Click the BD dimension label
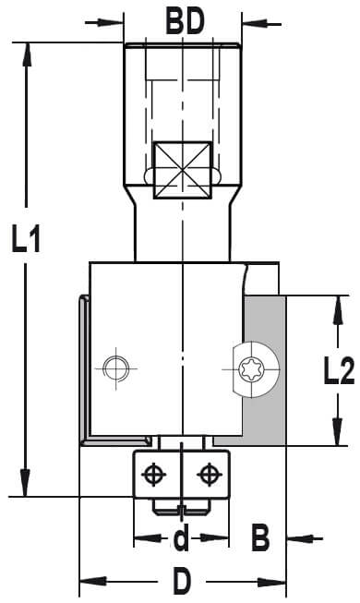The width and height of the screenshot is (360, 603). [x=185, y=22]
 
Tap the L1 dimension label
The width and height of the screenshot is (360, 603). [x=26, y=239]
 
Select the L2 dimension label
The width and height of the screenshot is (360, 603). [x=339, y=370]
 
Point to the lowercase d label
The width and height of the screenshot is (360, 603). [x=181, y=537]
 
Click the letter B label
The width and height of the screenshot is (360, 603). [x=260, y=537]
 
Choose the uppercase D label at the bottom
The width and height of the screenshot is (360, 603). [x=182, y=581]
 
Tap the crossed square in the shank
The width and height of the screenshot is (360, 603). [x=183, y=170]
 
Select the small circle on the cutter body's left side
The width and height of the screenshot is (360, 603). [x=116, y=368]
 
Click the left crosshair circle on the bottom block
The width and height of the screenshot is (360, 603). [x=153, y=474]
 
